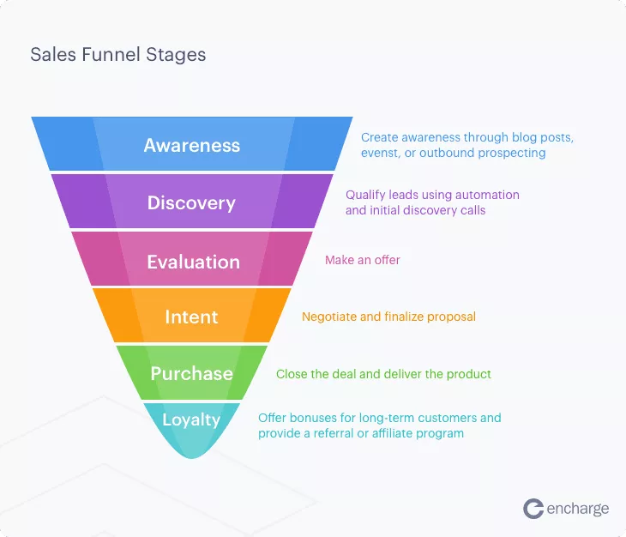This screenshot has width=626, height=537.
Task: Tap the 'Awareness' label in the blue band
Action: (192, 145)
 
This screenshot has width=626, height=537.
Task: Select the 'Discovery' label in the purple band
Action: (191, 203)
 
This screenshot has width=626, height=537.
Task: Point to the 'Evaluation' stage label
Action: (194, 262)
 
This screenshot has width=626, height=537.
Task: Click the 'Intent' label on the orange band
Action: (191, 317)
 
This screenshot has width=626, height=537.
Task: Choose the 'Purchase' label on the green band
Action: (191, 374)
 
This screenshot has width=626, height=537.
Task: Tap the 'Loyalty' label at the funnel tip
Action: (191, 420)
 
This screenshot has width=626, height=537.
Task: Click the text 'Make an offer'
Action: (363, 260)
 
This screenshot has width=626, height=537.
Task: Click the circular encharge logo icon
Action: (533, 509)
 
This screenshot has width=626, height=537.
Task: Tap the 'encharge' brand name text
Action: (578, 509)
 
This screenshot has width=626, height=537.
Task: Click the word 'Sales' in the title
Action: (53, 54)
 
